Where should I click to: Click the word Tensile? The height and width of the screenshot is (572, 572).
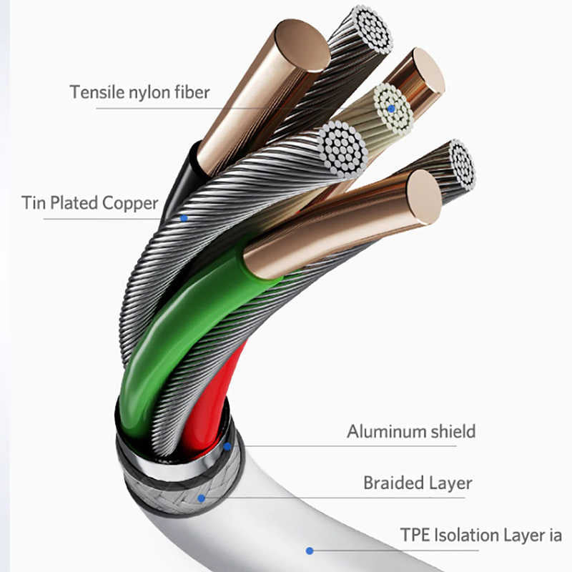pos(93,92)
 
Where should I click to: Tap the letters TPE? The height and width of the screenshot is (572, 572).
pos(415,535)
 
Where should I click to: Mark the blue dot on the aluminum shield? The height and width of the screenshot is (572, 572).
pos(227,447)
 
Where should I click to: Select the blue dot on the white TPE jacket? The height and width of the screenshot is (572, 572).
pos(309,551)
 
